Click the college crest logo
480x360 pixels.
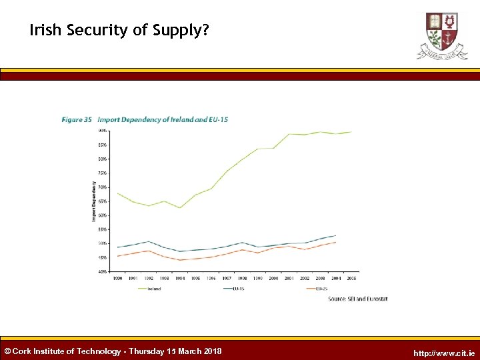coord(442,35)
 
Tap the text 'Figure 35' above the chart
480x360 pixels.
coord(77,120)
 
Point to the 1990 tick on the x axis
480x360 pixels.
coord(117,278)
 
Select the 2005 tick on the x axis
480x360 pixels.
coord(351,278)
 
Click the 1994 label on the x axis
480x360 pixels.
coord(180,278)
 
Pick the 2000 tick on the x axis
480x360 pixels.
coord(273,278)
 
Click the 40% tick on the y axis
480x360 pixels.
coord(102,271)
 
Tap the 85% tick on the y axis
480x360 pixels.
coord(102,145)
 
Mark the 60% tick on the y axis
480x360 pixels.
coord(102,215)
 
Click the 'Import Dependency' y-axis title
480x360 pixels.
coord(94,202)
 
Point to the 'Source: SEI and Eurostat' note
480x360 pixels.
coord(357,299)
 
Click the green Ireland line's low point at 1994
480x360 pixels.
coord(180,208)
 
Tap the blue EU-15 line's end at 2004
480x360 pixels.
coord(335,235)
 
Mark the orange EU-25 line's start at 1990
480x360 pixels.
coord(117,256)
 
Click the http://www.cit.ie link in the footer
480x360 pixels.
coord(444,353)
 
